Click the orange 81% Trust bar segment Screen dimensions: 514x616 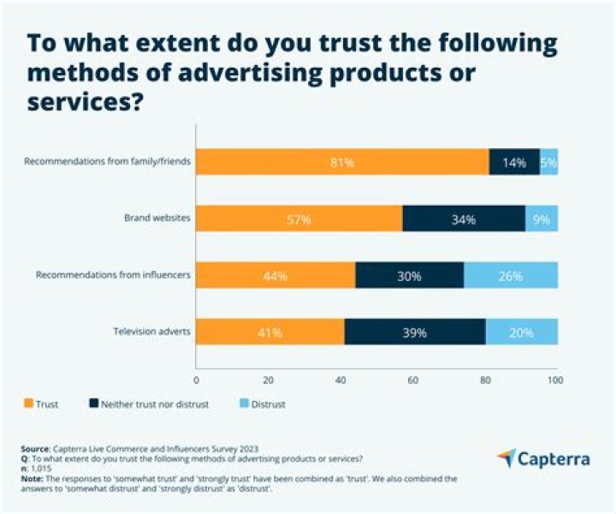[x=342, y=161]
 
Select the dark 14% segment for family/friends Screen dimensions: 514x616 [x=514, y=161]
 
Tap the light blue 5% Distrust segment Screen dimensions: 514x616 [x=549, y=161]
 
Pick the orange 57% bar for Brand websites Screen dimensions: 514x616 [x=299, y=218]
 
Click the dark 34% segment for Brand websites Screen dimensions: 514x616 [x=464, y=218]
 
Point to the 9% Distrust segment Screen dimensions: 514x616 [x=542, y=218]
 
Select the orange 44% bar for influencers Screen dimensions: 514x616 [x=275, y=276]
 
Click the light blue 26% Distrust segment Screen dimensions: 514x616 [x=511, y=276]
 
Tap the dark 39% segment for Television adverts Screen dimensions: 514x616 [x=415, y=332]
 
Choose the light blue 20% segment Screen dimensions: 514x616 [x=522, y=332]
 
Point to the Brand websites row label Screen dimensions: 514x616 [x=155, y=218]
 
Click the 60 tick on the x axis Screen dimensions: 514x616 [x=412, y=380]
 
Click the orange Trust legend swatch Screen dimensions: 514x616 [x=28, y=403]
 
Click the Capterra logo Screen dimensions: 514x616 [x=542, y=459]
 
